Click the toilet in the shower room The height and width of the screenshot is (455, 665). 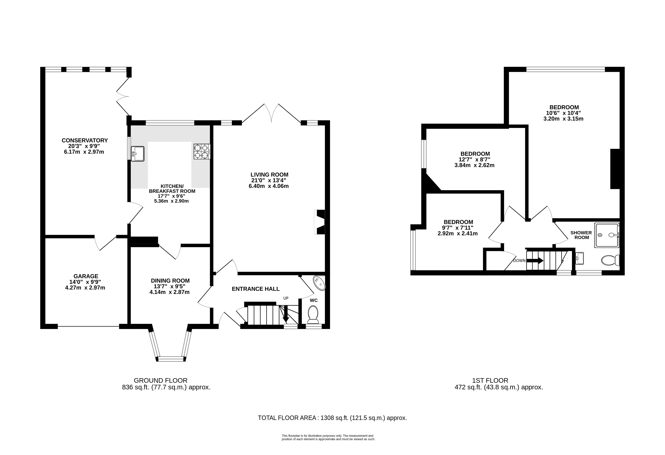click(x=610, y=260)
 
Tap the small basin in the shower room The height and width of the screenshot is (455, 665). click(x=579, y=258)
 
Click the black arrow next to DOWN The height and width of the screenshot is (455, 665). click(x=535, y=261)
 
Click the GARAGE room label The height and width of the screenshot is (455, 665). click(x=86, y=276)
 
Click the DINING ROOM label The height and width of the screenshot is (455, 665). click(x=170, y=281)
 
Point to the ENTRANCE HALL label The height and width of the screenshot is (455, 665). click(x=256, y=289)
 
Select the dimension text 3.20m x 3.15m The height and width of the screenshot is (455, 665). click(x=563, y=119)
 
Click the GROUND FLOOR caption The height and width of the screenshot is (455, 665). click(x=161, y=381)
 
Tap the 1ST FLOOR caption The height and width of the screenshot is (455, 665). click(x=490, y=381)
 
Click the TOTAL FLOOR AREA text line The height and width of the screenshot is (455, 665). click(x=332, y=418)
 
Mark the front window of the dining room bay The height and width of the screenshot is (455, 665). click(x=171, y=359)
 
